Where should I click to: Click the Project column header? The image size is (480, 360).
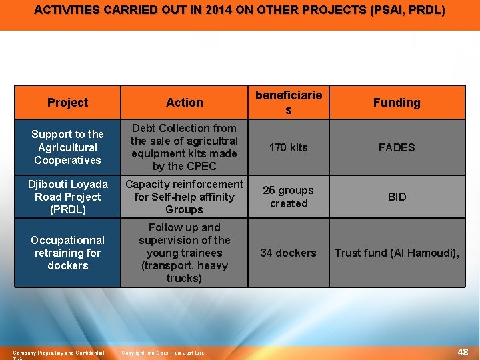pyautogui.click(x=67, y=103)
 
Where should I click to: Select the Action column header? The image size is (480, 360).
pyautogui.click(x=185, y=103)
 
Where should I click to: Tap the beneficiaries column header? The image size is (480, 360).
pyautogui.click(x=289, y=102)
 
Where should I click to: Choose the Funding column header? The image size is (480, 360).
pyautogui.click(x=397, y=103)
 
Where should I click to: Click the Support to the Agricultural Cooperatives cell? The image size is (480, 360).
pyautogui.click(x=67, y=147)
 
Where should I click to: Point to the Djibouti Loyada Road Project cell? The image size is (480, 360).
pyautogui.click(x=67, y=197)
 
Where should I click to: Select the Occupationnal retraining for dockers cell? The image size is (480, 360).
pyautogui.click(x=67, y=253)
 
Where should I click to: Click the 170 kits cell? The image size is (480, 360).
pyautogui.click(x=289, y=147)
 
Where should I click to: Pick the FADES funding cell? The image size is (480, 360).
pyautogui.click(x=397, y=147)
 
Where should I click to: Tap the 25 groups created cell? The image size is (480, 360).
pyautogui.click(x=289, y=197)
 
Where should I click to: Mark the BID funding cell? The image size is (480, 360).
pyautogui.click(x=397, y=197)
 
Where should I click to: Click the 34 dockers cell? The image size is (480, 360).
pyautogui.click(x=289, y=253)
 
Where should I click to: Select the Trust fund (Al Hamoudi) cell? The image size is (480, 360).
pyautogui.click(x=397, y=253)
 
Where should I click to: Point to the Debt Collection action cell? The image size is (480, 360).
pyautogui.click(x=185, y=147)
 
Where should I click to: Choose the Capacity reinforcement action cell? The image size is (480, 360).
pyautogui.click(x=185, y=197)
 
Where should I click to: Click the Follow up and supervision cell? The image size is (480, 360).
pyautogui.click(x=185, y=253)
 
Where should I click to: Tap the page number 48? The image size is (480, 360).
pyautogui.click(x=463, y=352)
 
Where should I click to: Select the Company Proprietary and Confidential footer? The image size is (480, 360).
pyautogui.click(x=59, y=353)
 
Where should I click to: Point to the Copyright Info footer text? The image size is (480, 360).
pyautogui.click(x=163, y=353)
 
